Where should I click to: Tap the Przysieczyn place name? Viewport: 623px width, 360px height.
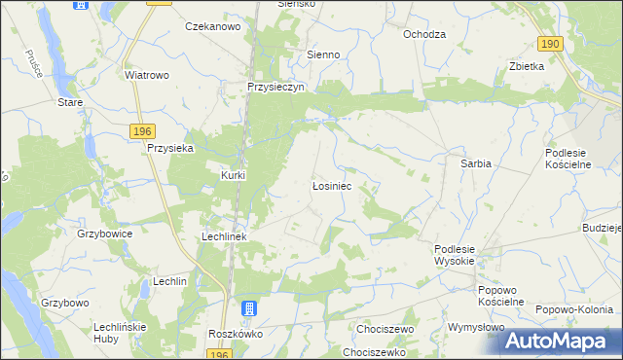(276, 86)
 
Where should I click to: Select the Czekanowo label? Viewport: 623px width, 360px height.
(212, 27)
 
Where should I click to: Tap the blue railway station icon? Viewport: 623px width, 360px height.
(249, 309)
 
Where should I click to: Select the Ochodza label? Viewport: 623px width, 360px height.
(424, 33)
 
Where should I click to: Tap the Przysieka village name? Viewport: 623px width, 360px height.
(170, 148)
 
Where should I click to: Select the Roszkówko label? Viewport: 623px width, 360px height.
(233, 333)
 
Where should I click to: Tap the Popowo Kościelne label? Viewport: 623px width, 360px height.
(500, 296)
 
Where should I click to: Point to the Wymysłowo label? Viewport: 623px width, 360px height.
(475, 328)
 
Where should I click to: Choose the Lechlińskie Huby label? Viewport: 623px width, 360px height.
(119, 333)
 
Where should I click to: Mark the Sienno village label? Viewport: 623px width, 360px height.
(323, 55)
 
